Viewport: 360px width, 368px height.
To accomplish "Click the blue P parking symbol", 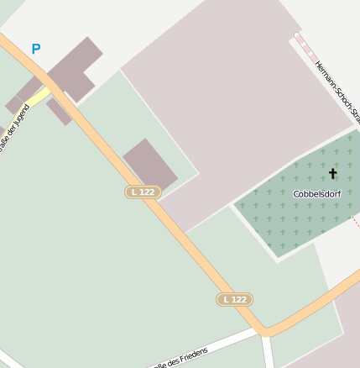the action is (35, 50).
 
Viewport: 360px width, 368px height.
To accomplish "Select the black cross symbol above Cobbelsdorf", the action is (332, 174).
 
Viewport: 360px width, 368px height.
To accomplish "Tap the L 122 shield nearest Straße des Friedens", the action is (234, 299).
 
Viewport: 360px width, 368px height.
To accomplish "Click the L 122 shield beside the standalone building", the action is (143, 192).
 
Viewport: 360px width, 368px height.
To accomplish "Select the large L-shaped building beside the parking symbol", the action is (76, 67).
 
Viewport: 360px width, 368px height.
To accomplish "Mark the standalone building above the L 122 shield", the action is (150, 164).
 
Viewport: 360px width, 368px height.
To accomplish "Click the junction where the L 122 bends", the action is (264, 330).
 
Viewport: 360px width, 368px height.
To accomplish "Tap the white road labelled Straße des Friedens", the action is (210, 346).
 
